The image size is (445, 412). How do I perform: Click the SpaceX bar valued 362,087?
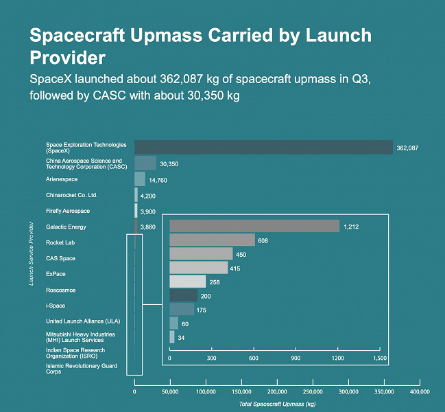[x=263, y=147]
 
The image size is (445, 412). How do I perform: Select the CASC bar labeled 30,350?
[x=145, y=163]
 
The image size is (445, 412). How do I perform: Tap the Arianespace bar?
[x=139, y=179]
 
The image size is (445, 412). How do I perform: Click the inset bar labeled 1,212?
[x=254, y=227]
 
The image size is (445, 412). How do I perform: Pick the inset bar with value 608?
[x=212, y=240]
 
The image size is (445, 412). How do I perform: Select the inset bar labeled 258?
[x=187, y=282]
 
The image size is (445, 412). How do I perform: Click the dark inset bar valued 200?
[x=183, y=295]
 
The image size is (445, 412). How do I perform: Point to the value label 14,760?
[x=158, y=180]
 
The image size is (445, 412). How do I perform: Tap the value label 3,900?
[x=148, y=211]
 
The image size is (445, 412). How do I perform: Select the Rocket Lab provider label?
[x=60, y=243]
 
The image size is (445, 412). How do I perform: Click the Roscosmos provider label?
[x=60, y=290]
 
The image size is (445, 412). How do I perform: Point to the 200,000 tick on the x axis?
[x=277, y=391]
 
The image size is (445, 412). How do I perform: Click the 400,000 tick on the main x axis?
[x=420, y=391]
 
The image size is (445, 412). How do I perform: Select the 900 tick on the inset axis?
[x=296, y=358]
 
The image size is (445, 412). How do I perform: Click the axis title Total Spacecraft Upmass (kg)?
[x=277, y=404]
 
